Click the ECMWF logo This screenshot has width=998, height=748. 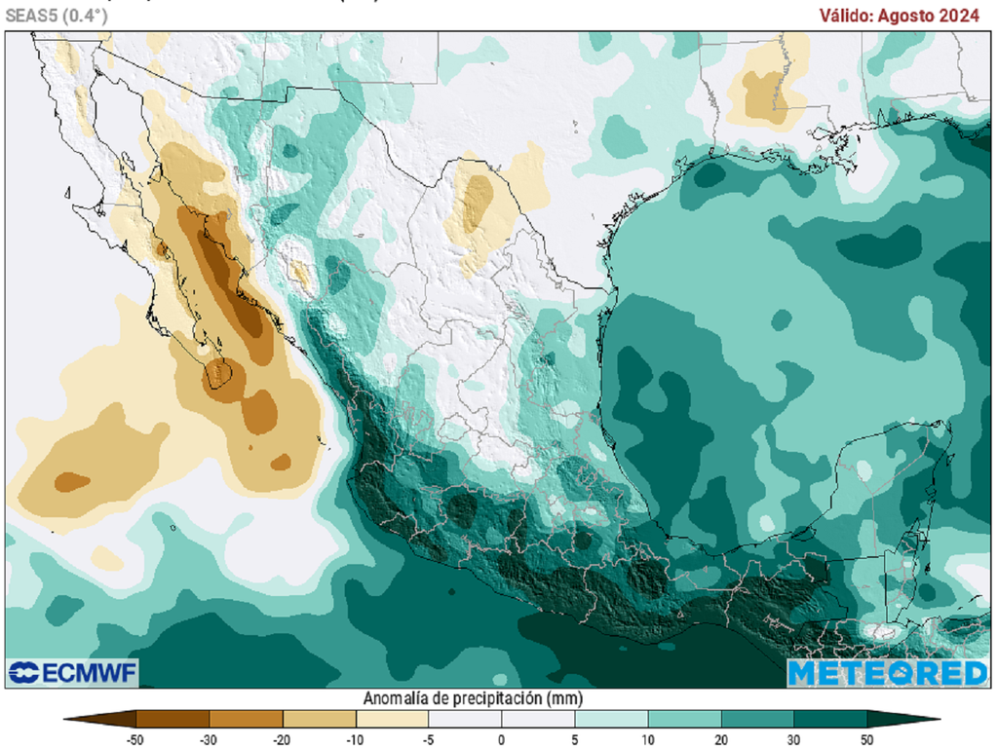[73, 672]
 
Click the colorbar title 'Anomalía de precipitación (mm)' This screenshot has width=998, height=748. [473, 698]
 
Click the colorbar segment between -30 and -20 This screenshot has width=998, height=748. [246, 720]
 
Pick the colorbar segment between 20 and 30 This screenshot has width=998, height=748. [757, 720]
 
